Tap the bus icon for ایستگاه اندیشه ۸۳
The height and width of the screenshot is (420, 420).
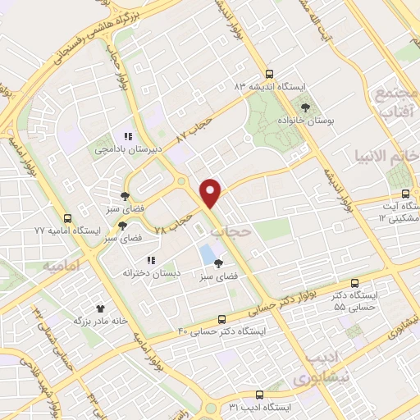tap(270, 73)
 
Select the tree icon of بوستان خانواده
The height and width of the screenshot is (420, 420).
tap(306, 107)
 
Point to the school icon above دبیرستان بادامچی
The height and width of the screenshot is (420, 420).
tap(127, 136)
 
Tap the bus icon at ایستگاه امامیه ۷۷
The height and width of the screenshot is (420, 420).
tap(67, 218)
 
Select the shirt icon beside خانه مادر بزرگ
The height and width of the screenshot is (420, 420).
tap(101, 308)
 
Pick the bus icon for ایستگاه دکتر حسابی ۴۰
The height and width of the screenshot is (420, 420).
tap(222, 318)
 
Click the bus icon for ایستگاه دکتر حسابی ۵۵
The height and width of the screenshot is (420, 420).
tap(354, 281)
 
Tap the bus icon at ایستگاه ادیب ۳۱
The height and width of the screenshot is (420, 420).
tap(260, 395)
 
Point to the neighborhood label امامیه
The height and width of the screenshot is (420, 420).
tap(66, 267)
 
